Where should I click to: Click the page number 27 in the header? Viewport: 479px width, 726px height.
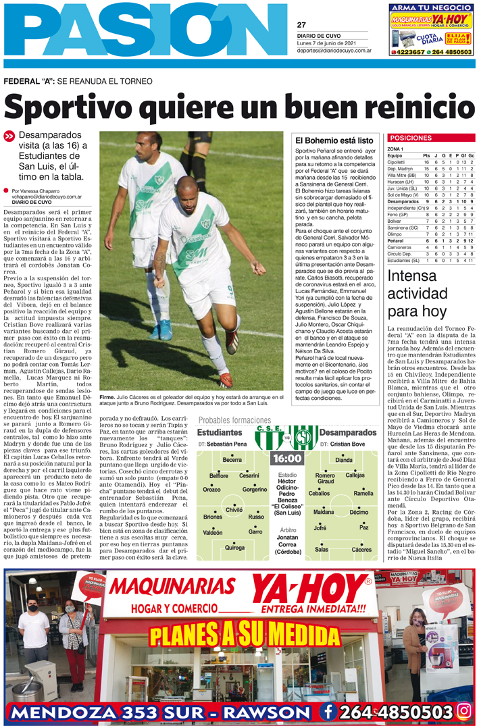pyautogui.click(x=301, y=25)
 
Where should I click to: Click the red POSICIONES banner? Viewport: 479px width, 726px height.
pyautogui.click(x=411, y=138)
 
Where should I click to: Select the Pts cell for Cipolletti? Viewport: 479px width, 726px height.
pyautogui.click(x=426, y=163)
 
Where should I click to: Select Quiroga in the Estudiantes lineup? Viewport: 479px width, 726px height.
pyautogui.click(x=235, y=548)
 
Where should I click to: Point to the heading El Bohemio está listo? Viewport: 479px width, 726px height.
pyautogui.click(x=334, y=140)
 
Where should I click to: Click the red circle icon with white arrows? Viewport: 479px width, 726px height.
pyautogui.click(x=9, y=136)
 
